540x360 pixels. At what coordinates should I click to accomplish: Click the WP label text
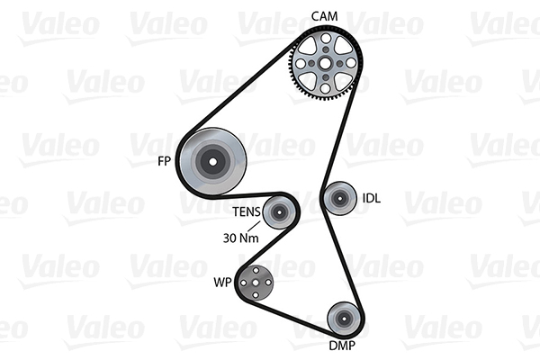221,283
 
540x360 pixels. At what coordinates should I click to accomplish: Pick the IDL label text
372,198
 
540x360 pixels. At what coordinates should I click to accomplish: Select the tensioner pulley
278,213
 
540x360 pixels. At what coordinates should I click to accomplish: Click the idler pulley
340,197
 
